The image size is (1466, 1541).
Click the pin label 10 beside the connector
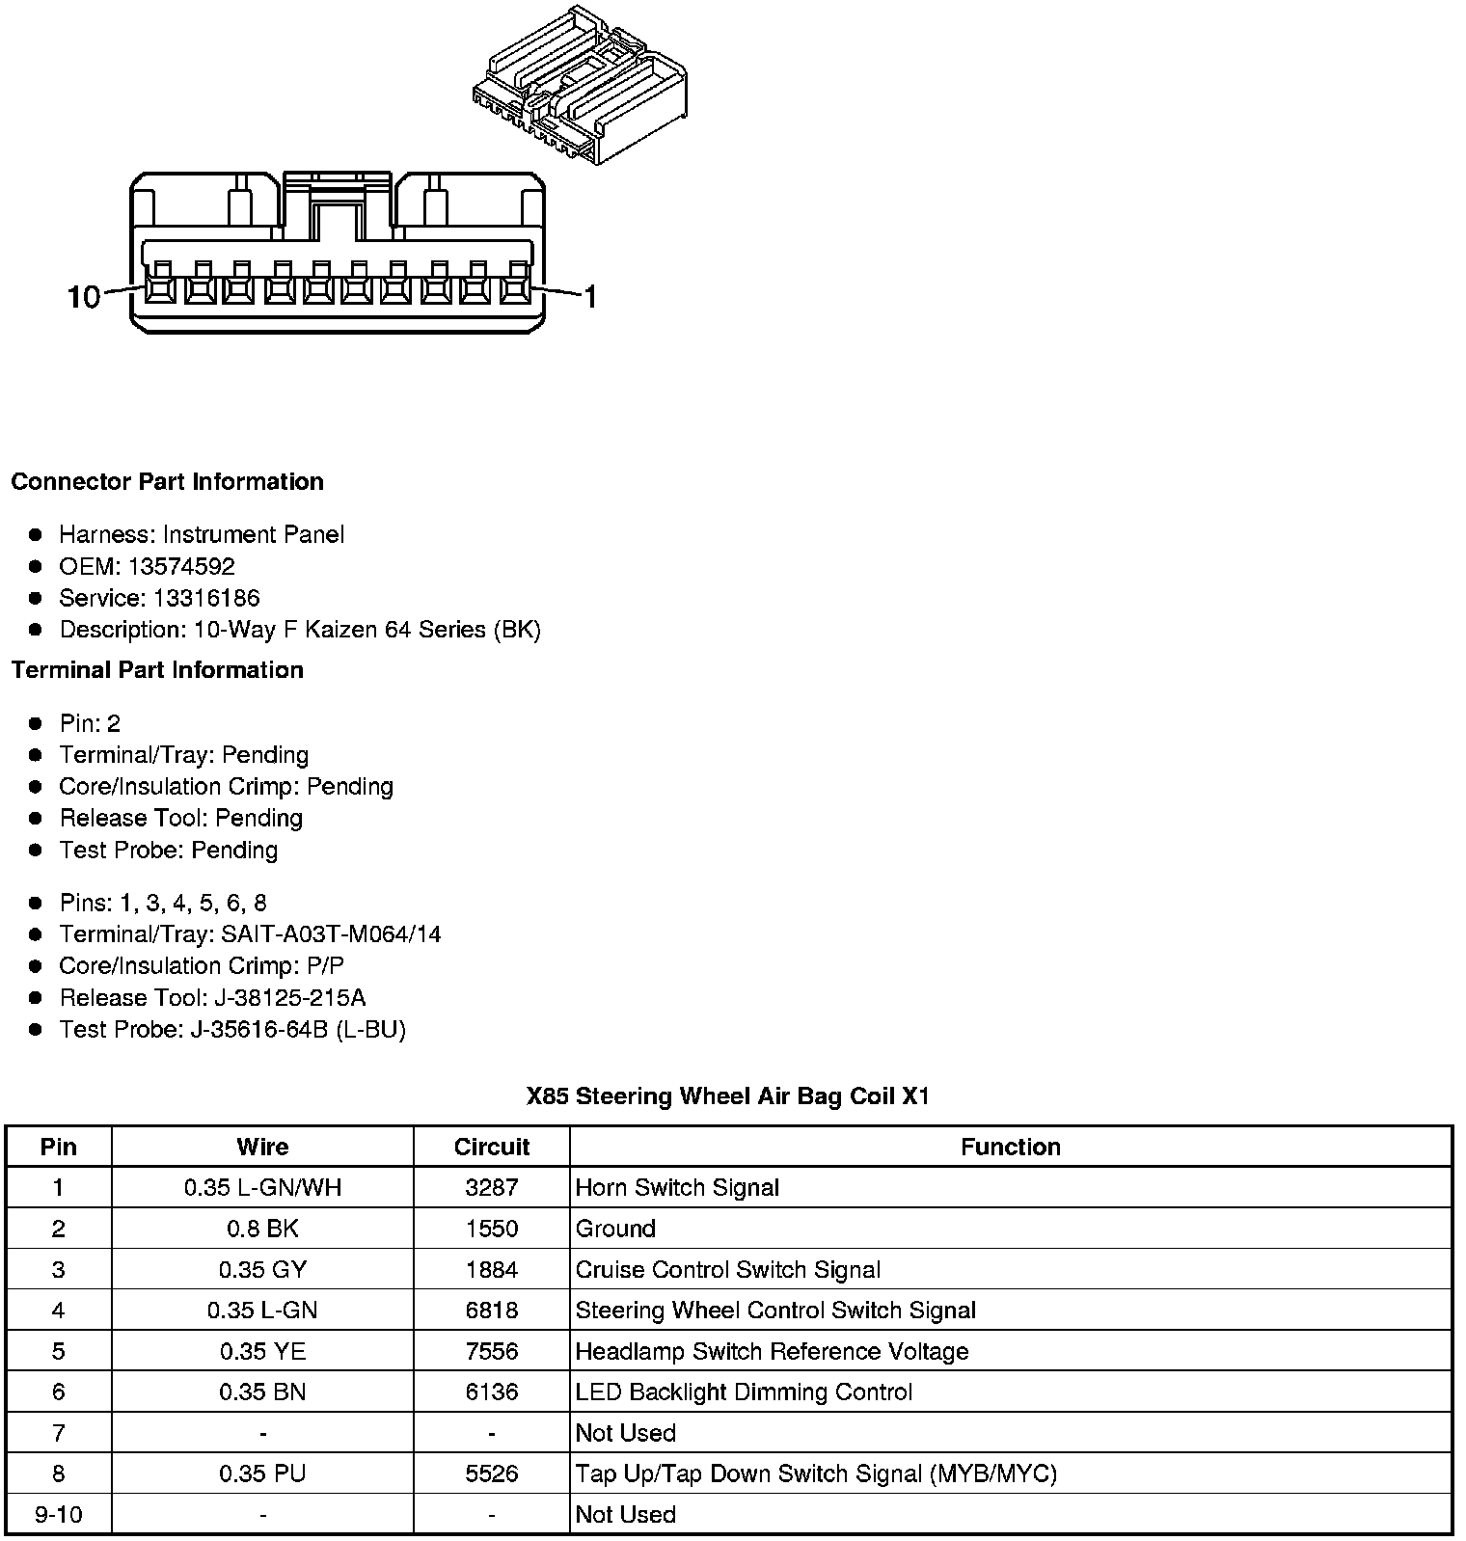[x=84, y=296]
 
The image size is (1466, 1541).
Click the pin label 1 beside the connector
[x=590, y=296]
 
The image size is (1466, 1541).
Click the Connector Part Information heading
[x=167, y=482]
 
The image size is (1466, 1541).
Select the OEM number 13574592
[x=181, y=566]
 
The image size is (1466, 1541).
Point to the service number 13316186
[x=206, y=598]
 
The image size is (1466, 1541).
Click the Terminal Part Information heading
[x=157, y=670]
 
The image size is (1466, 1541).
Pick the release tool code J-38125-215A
[x=290, y=998]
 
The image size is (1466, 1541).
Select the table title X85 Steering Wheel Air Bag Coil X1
[x=728, y=1096]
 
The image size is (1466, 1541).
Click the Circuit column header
[x=492, y=1147]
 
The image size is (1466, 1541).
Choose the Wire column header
[x=262, y=1147]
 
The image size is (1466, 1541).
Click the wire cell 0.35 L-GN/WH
[x=262, y=1188]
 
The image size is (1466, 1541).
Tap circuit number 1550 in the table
[x=492, y=1229]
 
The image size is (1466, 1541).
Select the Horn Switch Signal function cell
[x=677, y=1188]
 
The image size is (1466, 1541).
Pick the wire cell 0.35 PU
[x=262, y=1473]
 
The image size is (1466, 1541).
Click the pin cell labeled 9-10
[x=59, y=1514]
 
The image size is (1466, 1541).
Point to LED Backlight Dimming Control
[x=744, y=1392]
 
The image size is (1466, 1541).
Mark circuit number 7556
[x=492, y=1351]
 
